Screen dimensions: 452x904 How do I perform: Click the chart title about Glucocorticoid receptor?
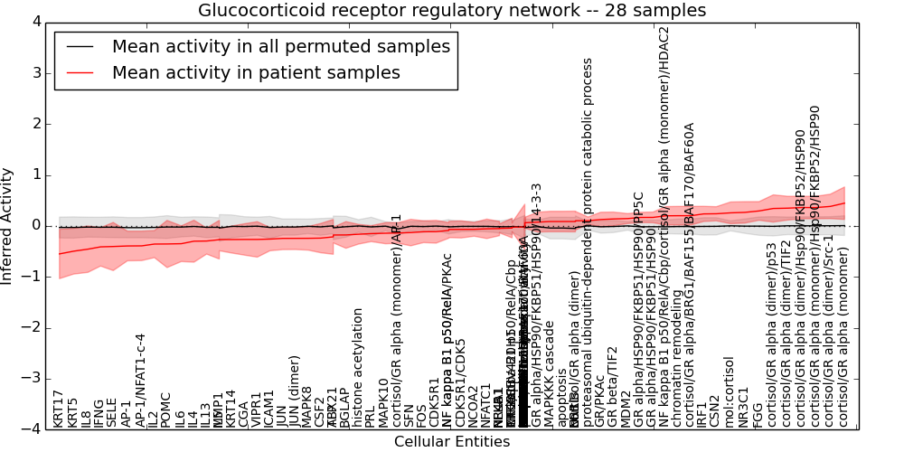coord(452,11)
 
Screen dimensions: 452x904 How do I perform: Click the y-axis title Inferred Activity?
coord(8,225)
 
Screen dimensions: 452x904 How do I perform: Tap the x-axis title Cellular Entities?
coord(452,442)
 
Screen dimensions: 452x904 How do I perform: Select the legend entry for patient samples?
coord(256,73)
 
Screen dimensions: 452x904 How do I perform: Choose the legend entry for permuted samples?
coord(280,47)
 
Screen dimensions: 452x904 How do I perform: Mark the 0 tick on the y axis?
coord(34,226)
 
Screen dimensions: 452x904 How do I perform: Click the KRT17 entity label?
coord(59,409)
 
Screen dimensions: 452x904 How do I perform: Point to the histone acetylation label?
coord(358,367)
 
